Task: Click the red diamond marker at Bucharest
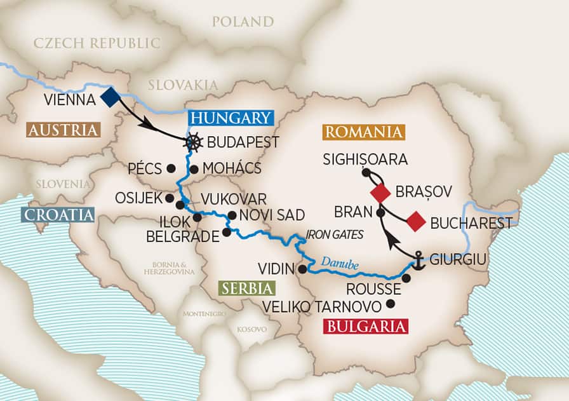(x=415, y=222)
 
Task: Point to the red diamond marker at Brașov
(x=380, y=192)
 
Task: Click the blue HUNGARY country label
(x=230, y=118)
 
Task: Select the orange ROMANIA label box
(x=364, y=132)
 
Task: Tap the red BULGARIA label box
(x=366, y=327)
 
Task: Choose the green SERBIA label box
(x=246, y=288)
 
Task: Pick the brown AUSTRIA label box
(x=64, y=130)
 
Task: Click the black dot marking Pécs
(x=170, y=169)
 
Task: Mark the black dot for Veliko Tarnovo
(x=390, y=304)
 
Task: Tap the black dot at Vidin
(x=302, y=269)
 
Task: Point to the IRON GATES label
(x=334, y=235)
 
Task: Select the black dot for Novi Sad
(x=232, y=215)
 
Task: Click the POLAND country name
(x=243, y=22)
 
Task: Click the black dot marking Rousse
(x=406, y=278)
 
